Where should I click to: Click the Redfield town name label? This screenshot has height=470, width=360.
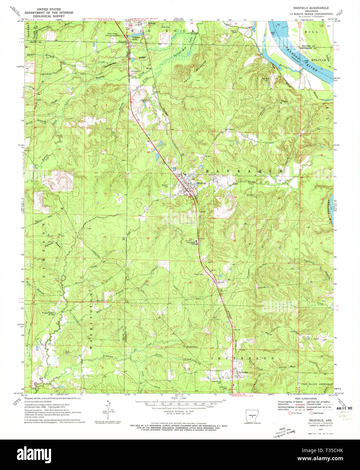(x=202, y=183)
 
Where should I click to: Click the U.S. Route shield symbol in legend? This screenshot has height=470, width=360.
(x=290, y=413)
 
